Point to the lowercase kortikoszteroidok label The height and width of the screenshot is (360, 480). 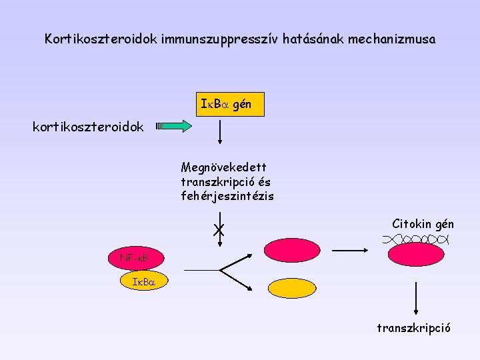[x=88, y=127]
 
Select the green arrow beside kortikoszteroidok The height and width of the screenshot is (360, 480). [x=175, y=126]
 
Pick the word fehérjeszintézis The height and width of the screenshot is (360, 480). [x=227, y=196]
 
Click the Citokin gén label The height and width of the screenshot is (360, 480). [x=423, y=224]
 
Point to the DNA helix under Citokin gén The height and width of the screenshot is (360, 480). [x=417, y=238]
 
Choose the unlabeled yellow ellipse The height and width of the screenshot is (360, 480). [x=291, y=287]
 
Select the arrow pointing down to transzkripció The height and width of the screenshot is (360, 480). [x=417, y=298]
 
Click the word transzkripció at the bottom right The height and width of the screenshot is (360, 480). [x=413, y=328]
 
